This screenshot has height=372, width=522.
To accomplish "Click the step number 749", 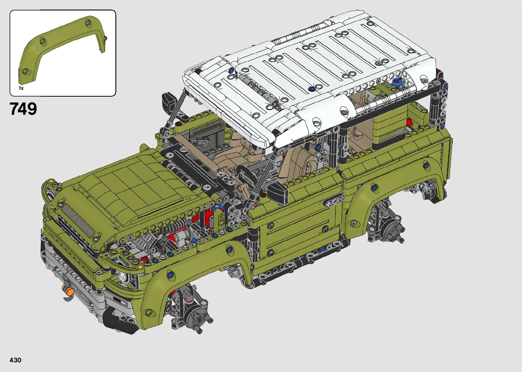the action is tap(23, 109).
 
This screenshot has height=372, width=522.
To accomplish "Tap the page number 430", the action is tap(15, 360).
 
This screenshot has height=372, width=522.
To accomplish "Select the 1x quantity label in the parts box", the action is tap(21, 88).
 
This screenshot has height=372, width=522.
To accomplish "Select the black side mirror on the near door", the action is tap(277, 193).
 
